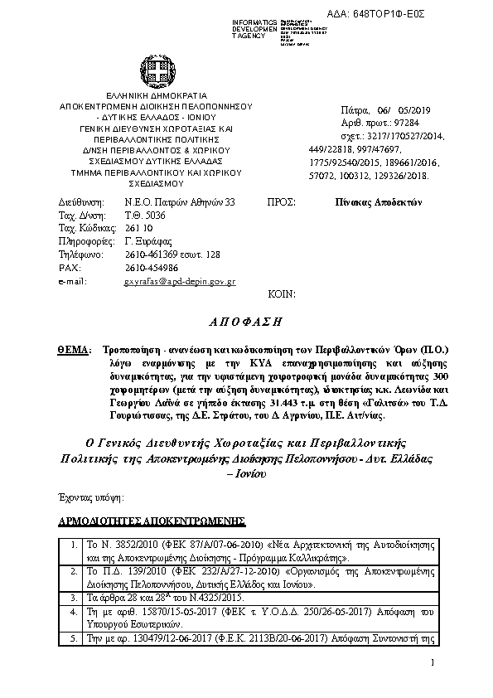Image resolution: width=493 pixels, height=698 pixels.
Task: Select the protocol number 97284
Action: click(x=404, y=121)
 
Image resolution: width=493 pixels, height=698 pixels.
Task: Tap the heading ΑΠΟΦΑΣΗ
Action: click(x=246, y=320)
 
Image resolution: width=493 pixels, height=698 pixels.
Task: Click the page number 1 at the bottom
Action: click(x=433, y=662)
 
